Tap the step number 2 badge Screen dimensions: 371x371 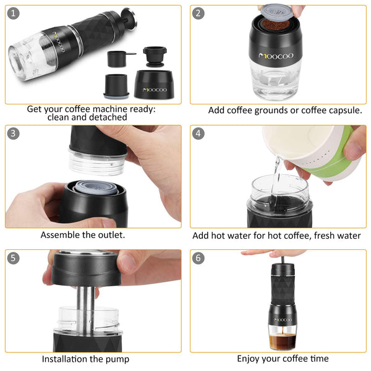coord(198,13)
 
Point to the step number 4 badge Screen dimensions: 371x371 coord(198,133)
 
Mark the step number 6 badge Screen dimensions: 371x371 coord(198,258)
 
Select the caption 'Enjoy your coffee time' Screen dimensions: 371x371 coord(283,359)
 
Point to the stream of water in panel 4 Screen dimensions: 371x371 coord(276,167)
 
